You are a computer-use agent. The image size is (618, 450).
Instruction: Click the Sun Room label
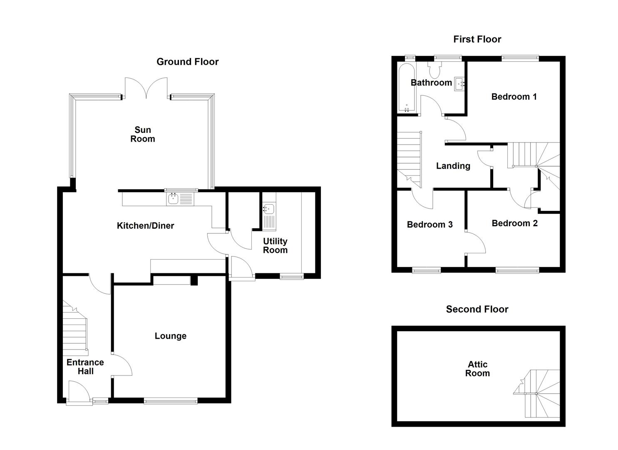(x=142, y=135)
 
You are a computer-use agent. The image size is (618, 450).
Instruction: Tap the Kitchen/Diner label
(x=145, y=226)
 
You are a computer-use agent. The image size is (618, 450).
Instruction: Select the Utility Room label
(x=275, y=246)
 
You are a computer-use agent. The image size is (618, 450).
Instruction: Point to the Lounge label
(x=170, y=336)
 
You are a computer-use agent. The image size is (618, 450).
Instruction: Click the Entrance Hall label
(x=85, y=367)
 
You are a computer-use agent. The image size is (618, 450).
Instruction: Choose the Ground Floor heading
(x=187, y=62)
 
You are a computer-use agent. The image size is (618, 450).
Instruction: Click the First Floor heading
(x=477, y=39)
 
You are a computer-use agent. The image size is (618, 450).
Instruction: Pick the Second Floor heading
(x=477, y=309)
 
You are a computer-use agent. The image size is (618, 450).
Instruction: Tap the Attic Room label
(x=477, y=369)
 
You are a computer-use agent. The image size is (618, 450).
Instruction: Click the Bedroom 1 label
(x=514, y=97)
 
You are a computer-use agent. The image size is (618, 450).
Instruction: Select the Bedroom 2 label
(x=514, y=223)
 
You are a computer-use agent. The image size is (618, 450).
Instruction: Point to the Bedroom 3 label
(x=429, y=225)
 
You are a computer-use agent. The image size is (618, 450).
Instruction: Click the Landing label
(x=453, y=166)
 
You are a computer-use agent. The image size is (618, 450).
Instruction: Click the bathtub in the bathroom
(x=406, y=88)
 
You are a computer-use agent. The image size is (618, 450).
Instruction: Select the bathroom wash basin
(x=459, y=83)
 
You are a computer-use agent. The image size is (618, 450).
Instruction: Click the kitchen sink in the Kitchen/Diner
(x=180, y=199)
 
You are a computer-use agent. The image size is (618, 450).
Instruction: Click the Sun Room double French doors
(x=146, y=87)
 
